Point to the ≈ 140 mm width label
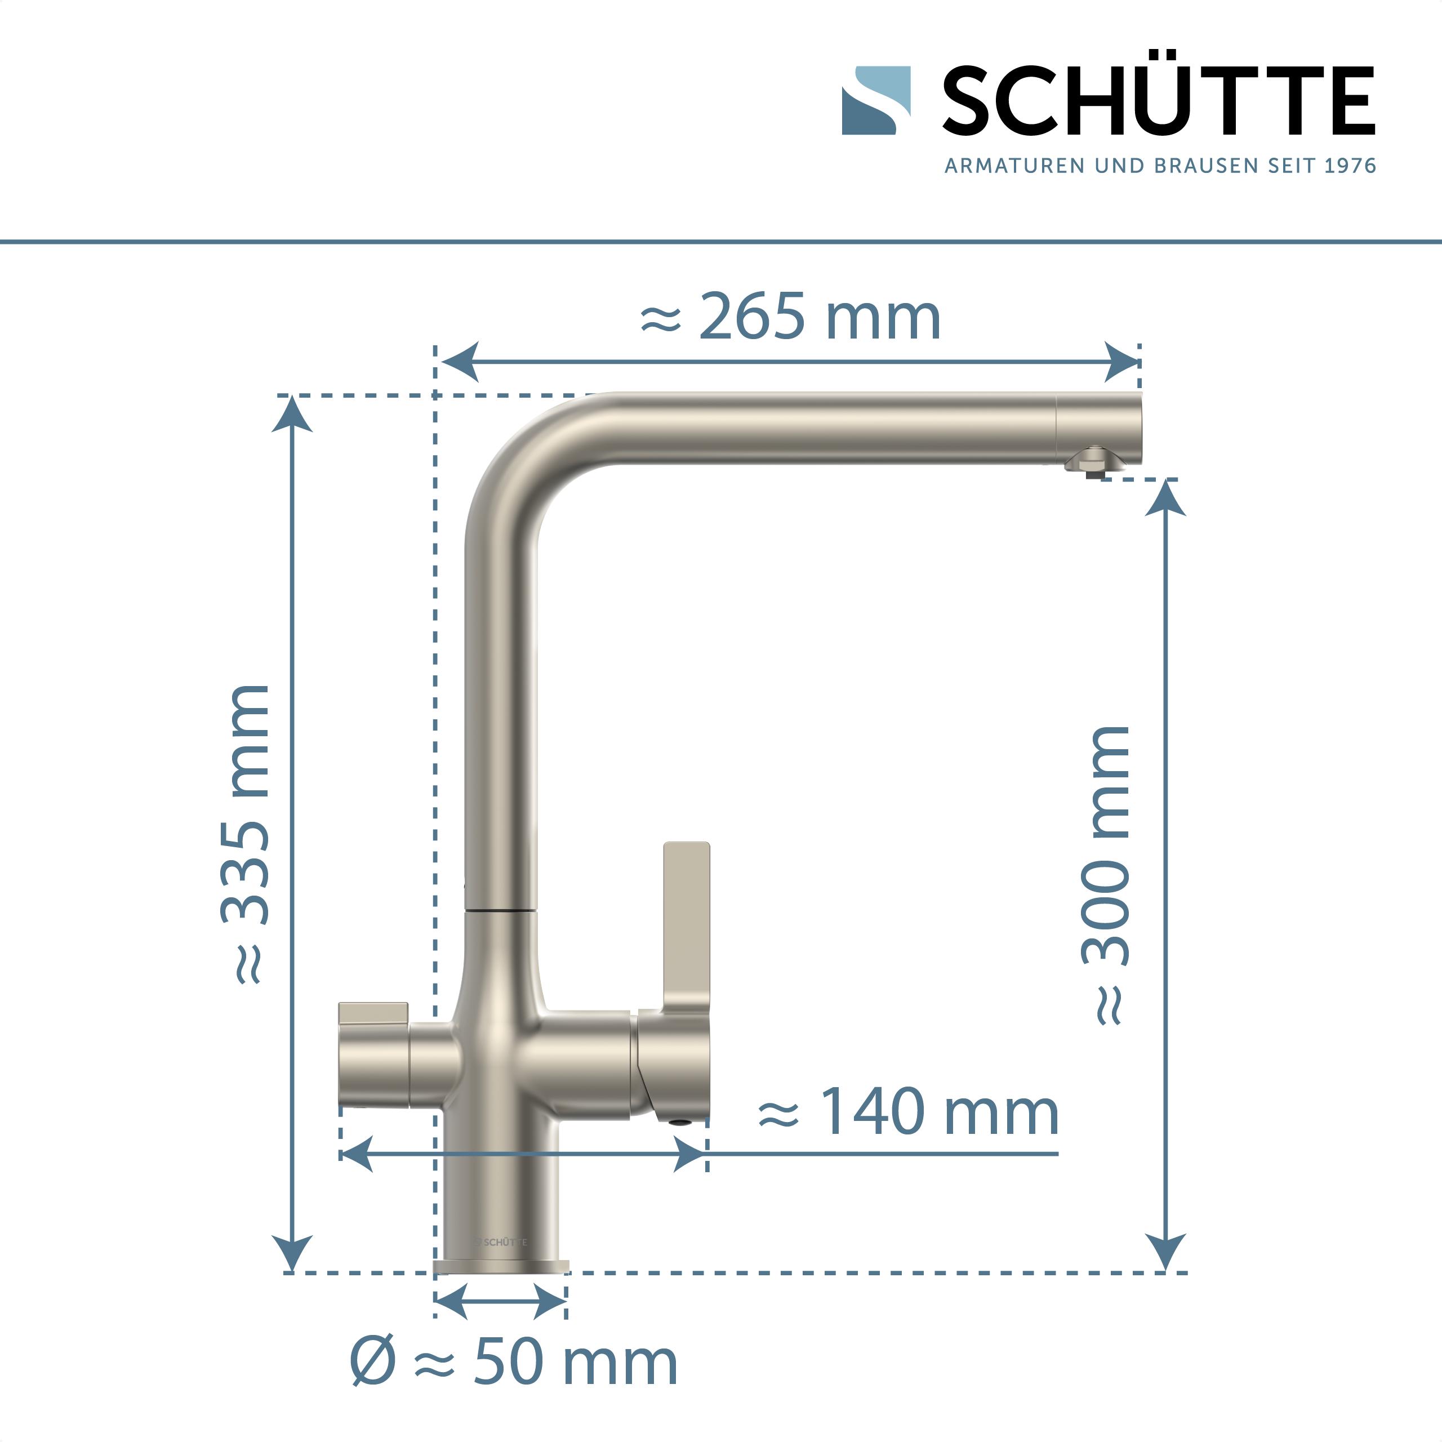pyautogui.click(x=909, y=1112)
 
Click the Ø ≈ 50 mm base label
pyautogui.click(x=514, y=1362)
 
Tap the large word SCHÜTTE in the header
pyautogui.click(x=1158, y=101)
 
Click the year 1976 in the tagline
pyautogui.click(x=1350, y=166)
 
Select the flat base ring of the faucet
pyautogui.click(x=501, y=1267)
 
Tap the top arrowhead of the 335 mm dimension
pyautogui.click(x=292, y=414)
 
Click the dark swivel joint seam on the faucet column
pyautogui.click(x=501, y=911)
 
